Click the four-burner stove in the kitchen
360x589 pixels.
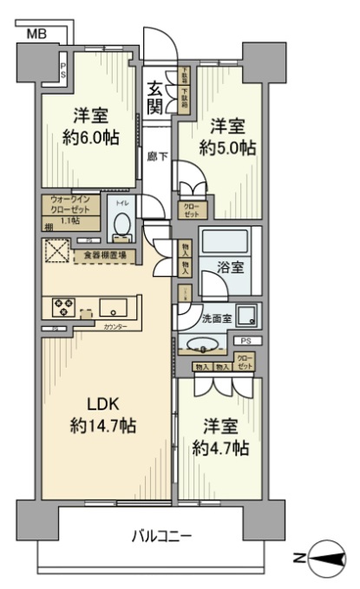63,306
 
